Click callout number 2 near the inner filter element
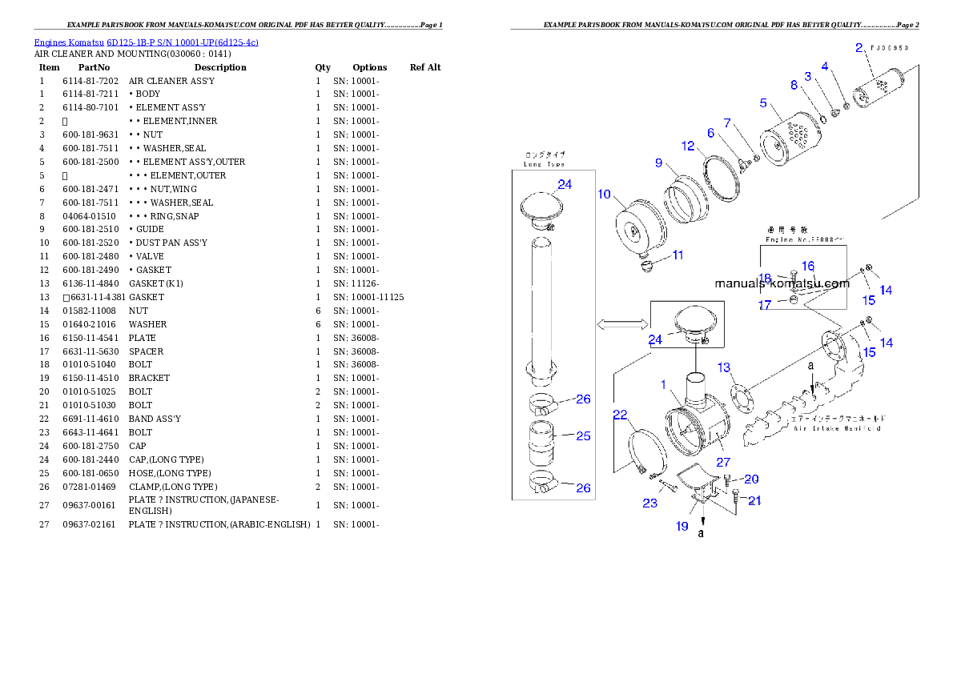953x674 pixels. [859, 47]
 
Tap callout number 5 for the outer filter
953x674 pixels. [763, 103]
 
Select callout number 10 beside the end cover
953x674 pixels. [605, 195]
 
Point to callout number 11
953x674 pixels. [678, 255]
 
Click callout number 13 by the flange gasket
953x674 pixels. [724, 367]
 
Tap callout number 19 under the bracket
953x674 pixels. [682, 526]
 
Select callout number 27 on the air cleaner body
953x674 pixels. [723, 462]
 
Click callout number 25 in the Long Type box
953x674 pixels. [583, 436]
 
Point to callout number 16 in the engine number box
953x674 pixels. [807, 266]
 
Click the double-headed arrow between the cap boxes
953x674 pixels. [622, 323]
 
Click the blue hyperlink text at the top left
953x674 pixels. [146, 42]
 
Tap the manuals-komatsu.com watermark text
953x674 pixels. [782, 283]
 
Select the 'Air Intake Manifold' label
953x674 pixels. [837, 428]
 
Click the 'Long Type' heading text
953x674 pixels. [545, 164]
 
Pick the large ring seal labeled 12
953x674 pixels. [719, 179]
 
